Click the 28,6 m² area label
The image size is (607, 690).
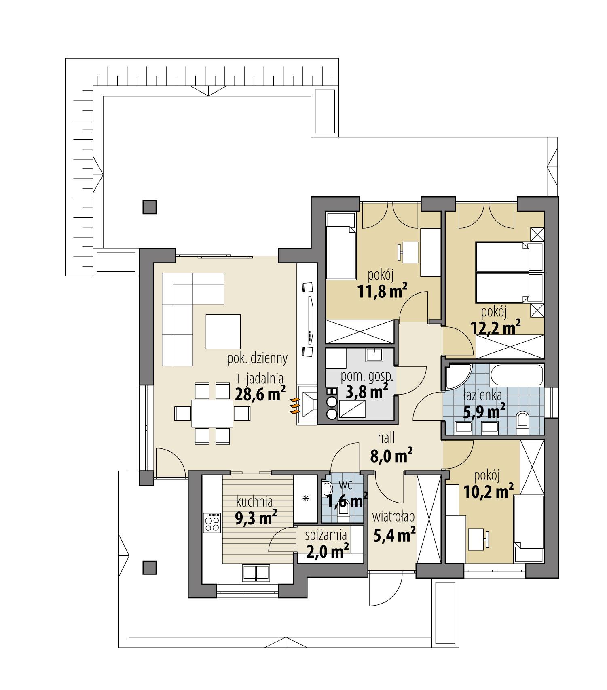(260, 393)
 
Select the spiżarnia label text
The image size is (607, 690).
(326, 535)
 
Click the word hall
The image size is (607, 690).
(386, 438)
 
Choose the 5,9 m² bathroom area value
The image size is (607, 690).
(484, 412)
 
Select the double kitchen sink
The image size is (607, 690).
(256, 573)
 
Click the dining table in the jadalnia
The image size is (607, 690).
(212, 413)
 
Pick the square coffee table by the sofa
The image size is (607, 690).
(223, 332)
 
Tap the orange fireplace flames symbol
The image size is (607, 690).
(295, 406)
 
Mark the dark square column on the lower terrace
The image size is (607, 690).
(149, 567)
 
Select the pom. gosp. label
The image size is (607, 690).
(367, 376)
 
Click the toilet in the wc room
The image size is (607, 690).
(327, 490)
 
